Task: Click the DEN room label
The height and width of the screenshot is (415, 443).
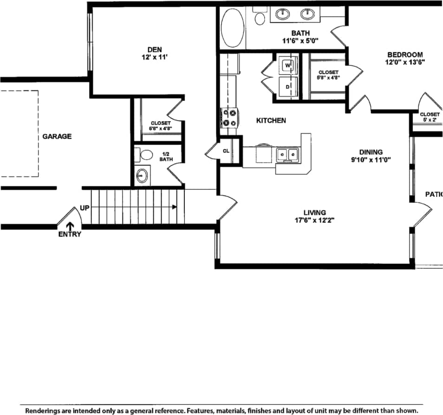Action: (x=154, y=50)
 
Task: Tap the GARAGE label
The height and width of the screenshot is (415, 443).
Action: (x=57, y=136)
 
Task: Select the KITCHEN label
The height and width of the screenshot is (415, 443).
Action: (x=271, y=120)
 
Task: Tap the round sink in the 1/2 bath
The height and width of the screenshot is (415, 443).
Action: (x=142, y=176)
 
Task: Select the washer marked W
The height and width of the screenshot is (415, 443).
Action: (x=287, y=66)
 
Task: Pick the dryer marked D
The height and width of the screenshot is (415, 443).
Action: (x=287, y=87)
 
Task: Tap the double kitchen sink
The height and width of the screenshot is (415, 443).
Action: (x=288, y=154)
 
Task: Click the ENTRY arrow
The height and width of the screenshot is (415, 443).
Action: (x=70, y=227)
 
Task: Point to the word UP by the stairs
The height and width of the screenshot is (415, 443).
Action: (x=85, y=208)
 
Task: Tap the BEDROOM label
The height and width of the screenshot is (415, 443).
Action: (x=405, y=54)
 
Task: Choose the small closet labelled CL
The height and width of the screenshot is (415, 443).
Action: (x=226, y=151)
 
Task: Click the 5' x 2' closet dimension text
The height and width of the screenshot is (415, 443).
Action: (x=429, y=120)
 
